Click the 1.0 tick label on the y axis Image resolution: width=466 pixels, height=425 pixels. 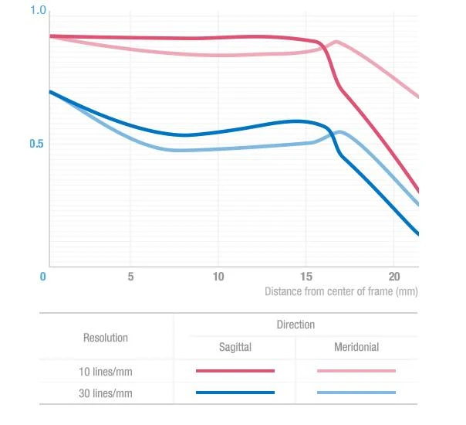click(39, 10)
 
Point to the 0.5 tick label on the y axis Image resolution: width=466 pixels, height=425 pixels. click(36, 144)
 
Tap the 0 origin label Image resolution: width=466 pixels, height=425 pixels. click(42, 277)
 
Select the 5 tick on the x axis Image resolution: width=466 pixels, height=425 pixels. click(130, 277)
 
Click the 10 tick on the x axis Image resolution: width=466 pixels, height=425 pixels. click(218, 277)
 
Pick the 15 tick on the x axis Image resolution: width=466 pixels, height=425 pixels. click(306, 277)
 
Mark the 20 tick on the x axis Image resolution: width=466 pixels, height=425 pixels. click(394, 277)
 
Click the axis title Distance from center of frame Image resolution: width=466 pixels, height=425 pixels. click(341, 291)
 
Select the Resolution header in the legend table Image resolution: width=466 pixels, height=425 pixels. click(106, 338)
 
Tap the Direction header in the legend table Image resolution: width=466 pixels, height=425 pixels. click(295, 325)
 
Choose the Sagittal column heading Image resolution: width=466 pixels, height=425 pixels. click(235, 347)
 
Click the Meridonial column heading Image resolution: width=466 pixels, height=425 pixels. click(356, 347)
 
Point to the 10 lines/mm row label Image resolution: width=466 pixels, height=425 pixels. click(106, 372)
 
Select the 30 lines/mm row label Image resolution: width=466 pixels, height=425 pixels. click(106, 393)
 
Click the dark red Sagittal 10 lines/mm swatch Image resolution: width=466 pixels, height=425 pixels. click(235, 371)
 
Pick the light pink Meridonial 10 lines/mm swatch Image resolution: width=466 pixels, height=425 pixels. click(356, 371)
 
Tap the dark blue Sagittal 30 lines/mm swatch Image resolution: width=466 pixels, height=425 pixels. click(235, 393)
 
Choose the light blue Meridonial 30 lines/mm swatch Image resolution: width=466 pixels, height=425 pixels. click(356, 393)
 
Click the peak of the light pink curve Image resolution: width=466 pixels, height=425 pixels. click(336, 42)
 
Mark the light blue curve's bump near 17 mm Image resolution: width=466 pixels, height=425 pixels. click(339, 132)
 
